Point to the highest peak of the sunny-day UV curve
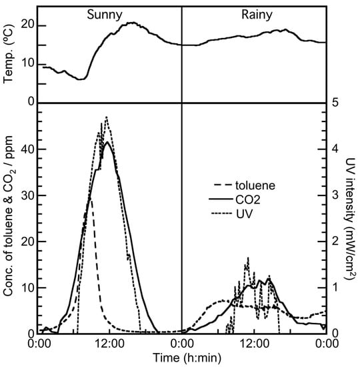[106, 117]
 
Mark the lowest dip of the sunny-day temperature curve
[81, 79]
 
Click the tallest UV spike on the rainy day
[248, 258]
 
